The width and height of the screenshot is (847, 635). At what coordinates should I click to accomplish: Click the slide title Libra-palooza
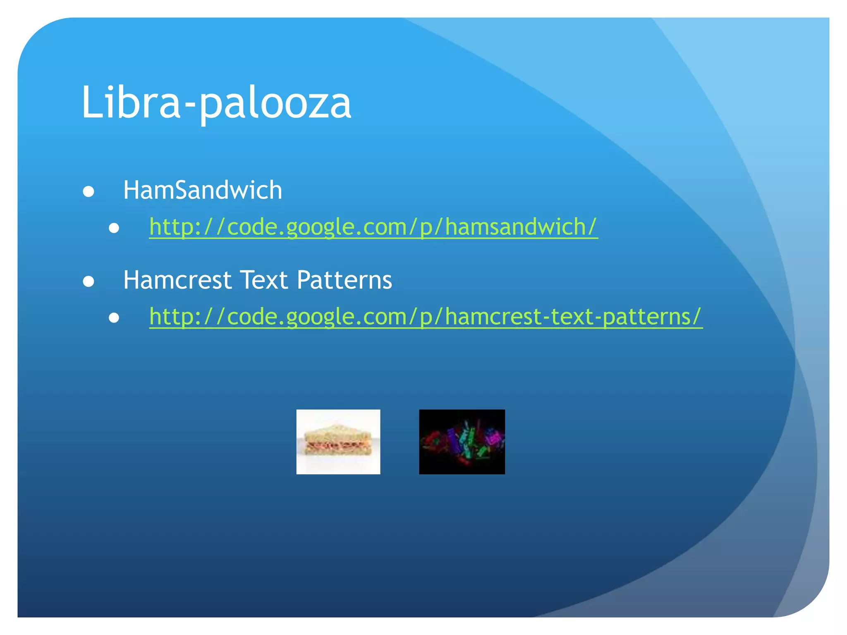tap(216, 102)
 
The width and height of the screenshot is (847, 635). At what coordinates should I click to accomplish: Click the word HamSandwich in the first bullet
tap(203, 190)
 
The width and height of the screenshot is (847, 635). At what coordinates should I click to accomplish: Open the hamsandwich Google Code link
tap(373, 227)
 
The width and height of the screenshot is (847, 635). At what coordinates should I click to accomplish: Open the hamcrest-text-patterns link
tap(426, 317)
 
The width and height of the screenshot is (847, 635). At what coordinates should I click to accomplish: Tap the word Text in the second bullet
tap(264, 280)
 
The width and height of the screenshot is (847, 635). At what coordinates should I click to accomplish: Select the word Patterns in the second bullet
tap(344, 280)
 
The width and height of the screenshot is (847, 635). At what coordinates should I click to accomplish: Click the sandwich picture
tap(338, 442)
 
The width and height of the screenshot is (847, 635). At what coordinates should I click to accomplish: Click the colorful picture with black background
tap(462, 442)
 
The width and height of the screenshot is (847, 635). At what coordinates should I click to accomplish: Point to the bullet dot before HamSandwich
tap(89, 192)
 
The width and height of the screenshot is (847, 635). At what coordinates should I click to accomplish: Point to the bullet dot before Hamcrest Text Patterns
tap(89, 282)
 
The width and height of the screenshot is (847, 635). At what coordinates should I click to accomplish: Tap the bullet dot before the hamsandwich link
tap(114, 228)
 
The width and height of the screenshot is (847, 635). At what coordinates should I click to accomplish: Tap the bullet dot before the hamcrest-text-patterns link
tap(114, 318)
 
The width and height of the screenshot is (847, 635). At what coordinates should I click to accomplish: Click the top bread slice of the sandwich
tap(337, 432)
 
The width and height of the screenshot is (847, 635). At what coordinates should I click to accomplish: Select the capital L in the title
tap(91, 102)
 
